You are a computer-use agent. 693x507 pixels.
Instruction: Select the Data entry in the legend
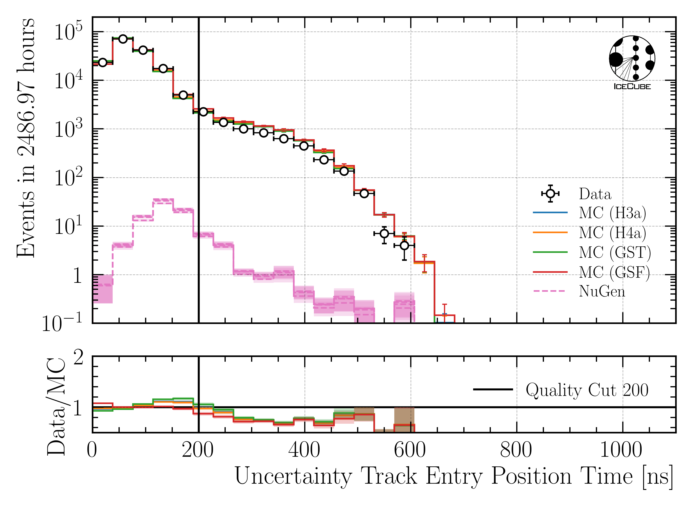click(595, 194)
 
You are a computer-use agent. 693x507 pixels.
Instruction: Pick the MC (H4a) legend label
click(612, 233)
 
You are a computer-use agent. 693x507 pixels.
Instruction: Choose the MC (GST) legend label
click(615, 252)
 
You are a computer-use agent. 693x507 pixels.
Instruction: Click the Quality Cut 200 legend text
click(587, 390)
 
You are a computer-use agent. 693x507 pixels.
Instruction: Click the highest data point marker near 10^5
click(123, 39)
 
